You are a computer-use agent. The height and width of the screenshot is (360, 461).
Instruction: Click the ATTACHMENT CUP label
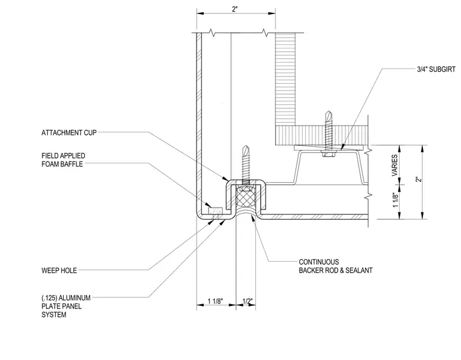[x=69, y=133]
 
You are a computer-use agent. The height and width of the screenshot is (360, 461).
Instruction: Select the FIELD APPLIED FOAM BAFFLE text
[x=63, y=160]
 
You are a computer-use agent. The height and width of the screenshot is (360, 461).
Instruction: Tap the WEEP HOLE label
[x=59, y=270]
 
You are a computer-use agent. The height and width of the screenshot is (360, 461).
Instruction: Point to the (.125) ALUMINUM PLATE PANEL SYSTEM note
[x=66, y=306]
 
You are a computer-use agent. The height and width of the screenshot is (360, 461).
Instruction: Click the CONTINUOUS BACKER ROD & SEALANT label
[x=336, y=266]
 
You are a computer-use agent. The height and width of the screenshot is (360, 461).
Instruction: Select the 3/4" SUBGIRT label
[x=436, y=69]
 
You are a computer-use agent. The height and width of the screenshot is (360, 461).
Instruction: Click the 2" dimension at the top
[x=234, y=9]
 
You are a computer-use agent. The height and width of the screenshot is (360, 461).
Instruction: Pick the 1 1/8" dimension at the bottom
[x=215, y=301]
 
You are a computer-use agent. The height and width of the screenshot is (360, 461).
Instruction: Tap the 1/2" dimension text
[x=247, y=301]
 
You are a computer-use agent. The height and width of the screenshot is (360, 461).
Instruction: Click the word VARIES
[x=394, y=165]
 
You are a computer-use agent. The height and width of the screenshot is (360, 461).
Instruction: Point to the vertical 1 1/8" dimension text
[x=395, y=200]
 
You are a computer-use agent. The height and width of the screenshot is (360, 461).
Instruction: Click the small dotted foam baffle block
[x=215, y=211]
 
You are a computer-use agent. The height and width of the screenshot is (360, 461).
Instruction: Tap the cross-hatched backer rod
[x=246, y=199]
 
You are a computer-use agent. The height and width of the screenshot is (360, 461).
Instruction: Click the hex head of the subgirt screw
[x=328, y=154]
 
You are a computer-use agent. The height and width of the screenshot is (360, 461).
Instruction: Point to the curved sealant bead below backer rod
[x=246, y=212]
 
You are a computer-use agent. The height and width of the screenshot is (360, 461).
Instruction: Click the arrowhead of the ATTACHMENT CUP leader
[x=226, y=178]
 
